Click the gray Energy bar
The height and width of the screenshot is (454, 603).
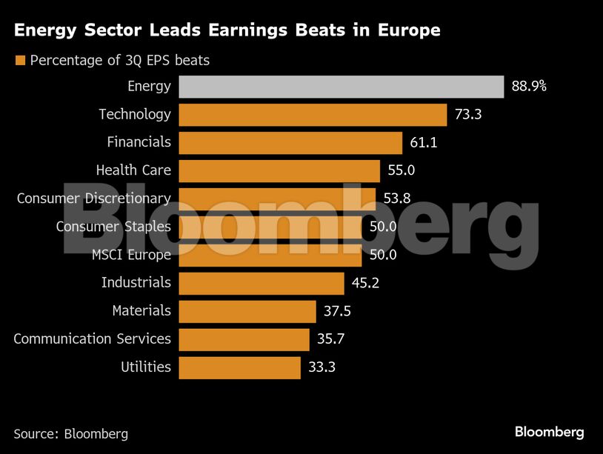click(341, 87)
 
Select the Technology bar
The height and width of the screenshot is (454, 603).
click(313, 115)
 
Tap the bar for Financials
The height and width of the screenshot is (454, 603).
click(290, 142)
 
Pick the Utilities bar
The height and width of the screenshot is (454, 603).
click(239, 367)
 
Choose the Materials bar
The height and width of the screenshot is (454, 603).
click(247, 311)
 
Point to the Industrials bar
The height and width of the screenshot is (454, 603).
click(261, 283)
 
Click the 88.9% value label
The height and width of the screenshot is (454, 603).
click(529, 87)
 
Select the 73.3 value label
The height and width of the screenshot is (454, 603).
click(468, 115)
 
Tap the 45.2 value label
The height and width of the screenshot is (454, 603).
click(365, 283)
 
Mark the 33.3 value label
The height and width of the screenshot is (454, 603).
click(322, 367)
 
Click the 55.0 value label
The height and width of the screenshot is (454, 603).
click(401, 170)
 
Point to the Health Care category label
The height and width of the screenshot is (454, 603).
click(133, 170)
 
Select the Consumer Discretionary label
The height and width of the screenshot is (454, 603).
click(93, 198)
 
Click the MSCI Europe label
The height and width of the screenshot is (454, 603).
click(131, 255)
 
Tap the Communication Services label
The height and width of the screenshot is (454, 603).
click(92, 339)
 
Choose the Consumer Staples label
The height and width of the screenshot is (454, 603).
click(113, 227)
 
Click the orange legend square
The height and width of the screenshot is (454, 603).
click(20, 60)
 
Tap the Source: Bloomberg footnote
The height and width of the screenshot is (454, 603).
click(70, 434)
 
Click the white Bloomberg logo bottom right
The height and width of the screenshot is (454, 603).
click(549, 432)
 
